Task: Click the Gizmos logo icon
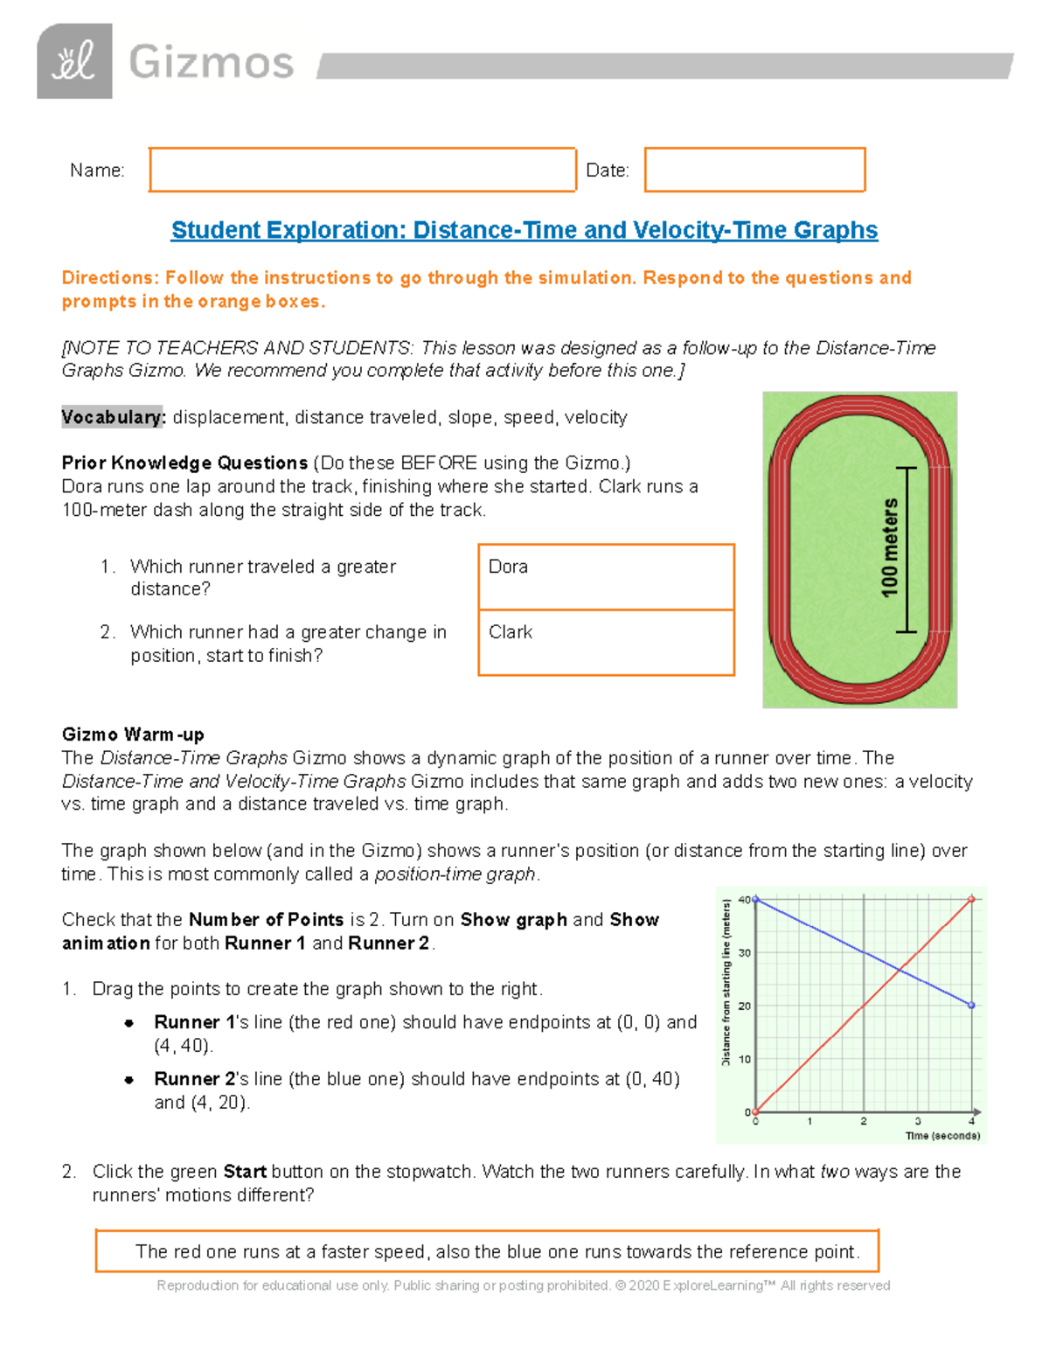tap(74, 61)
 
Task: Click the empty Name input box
tap(362, 170)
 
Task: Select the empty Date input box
tap(754, 170)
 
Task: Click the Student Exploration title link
tap(524, 230)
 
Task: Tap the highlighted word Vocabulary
tap(113, 417)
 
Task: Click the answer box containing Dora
tap(606, 577)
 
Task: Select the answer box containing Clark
tap(606, 643)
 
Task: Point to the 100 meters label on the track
tap(890, 548)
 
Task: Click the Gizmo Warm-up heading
tap(133, 734)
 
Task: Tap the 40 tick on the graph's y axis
tap(744, 900)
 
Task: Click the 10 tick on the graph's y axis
tap(745, 1059)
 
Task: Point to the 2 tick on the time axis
tap(863, 1121)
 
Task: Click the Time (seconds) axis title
tap(942, 1136)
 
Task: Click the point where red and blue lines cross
tap(900, 969)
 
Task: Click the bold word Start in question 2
tap(245, 1172)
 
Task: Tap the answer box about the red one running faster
tap(487, 1251)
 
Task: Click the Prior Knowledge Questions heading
tap(184, 463)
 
